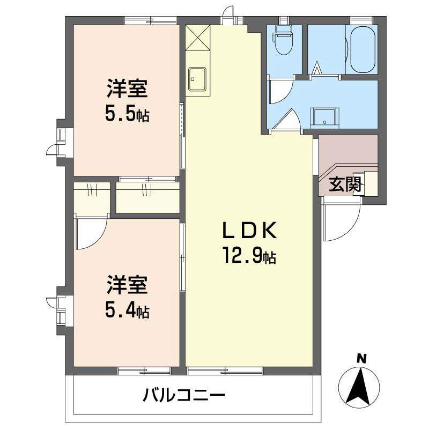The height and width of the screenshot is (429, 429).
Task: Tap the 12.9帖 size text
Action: point(249,257)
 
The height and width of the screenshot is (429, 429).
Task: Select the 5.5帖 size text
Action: point(127,114)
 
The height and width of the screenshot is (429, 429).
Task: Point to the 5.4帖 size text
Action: point(127,309)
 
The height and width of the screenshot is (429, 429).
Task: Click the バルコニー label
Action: point(184,396)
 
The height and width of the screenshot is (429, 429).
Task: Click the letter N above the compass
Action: point(362,358)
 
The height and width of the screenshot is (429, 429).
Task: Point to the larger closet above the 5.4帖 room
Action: point(147,197)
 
